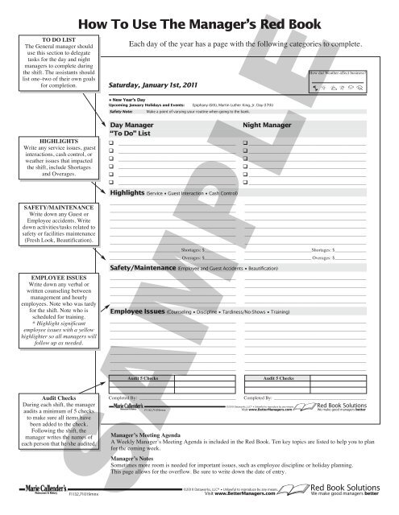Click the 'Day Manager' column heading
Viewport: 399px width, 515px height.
point(131,126)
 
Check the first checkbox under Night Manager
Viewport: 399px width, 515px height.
point(245,143)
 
